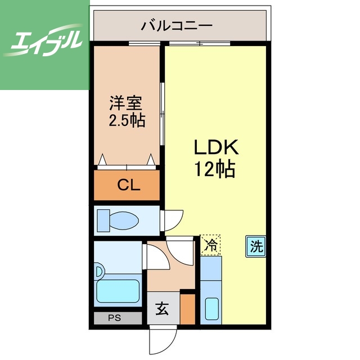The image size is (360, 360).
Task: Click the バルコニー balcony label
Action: pyautogui.click(x=177, y=25)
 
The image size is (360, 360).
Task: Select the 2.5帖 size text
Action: pyautogui.click(x=126, y=120)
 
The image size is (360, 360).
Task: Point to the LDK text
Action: pyautogui.click(x=217, y=148)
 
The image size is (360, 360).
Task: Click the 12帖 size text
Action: pyautogui.click(x=215, y=168)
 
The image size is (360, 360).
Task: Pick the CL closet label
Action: pyautogui.click(x=128, y=185)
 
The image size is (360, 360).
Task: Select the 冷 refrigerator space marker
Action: pyautogui.click(x=210, y=245)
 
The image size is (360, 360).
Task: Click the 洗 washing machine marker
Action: pyautogui.click(x=256, y=246)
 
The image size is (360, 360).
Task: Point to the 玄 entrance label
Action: pyautogui.click(x=163, y=309)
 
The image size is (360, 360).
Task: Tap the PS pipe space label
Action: pyautogui.click(x=115, y=318)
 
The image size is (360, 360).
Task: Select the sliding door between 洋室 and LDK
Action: pyautogui.click(x=163, y=107)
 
